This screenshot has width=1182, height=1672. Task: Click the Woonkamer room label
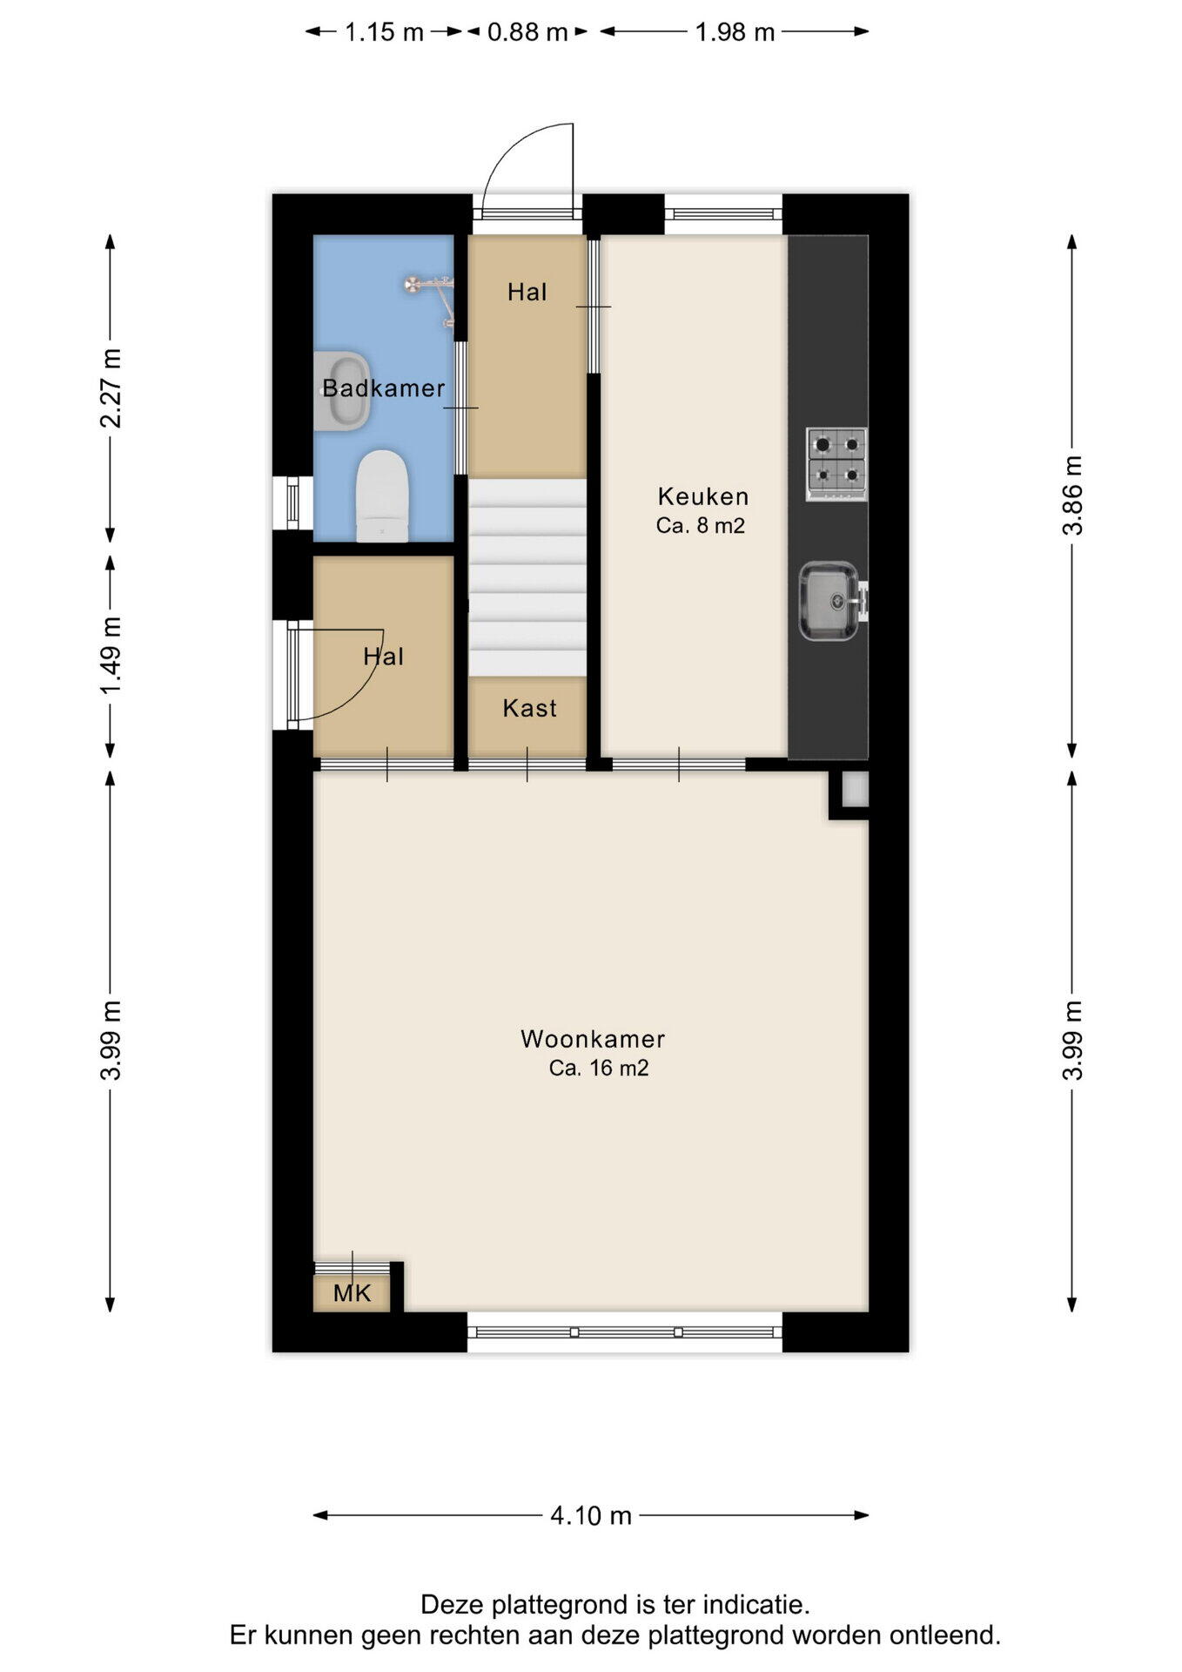(x=593, y=1039)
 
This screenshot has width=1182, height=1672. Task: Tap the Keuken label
(x=703, y=496)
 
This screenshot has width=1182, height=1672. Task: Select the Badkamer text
(x=384, y=388)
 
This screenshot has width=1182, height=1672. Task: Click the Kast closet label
(x=529, y=708)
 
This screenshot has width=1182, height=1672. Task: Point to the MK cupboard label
(x=353, y=1293)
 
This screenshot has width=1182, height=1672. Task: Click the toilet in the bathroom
(x=382, y=496)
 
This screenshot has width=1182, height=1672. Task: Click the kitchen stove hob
(x=836, y=464)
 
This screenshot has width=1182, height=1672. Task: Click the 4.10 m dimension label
(x=591, y=1516)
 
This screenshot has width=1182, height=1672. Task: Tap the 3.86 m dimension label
(x=1072, y=496)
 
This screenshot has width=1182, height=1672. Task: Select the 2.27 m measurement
(x=111, y=388)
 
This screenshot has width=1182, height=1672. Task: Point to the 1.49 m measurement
(x=111, y=656)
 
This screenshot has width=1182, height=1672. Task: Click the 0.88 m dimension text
(x=527, y=32)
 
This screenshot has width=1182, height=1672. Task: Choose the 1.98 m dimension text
(x=735, y=32)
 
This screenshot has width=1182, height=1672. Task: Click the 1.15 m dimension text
(x=384, y=32)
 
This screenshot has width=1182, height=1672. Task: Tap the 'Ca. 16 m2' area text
(x=599, y=1069)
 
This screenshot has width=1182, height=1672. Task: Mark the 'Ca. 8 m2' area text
(x=701, y=526)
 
